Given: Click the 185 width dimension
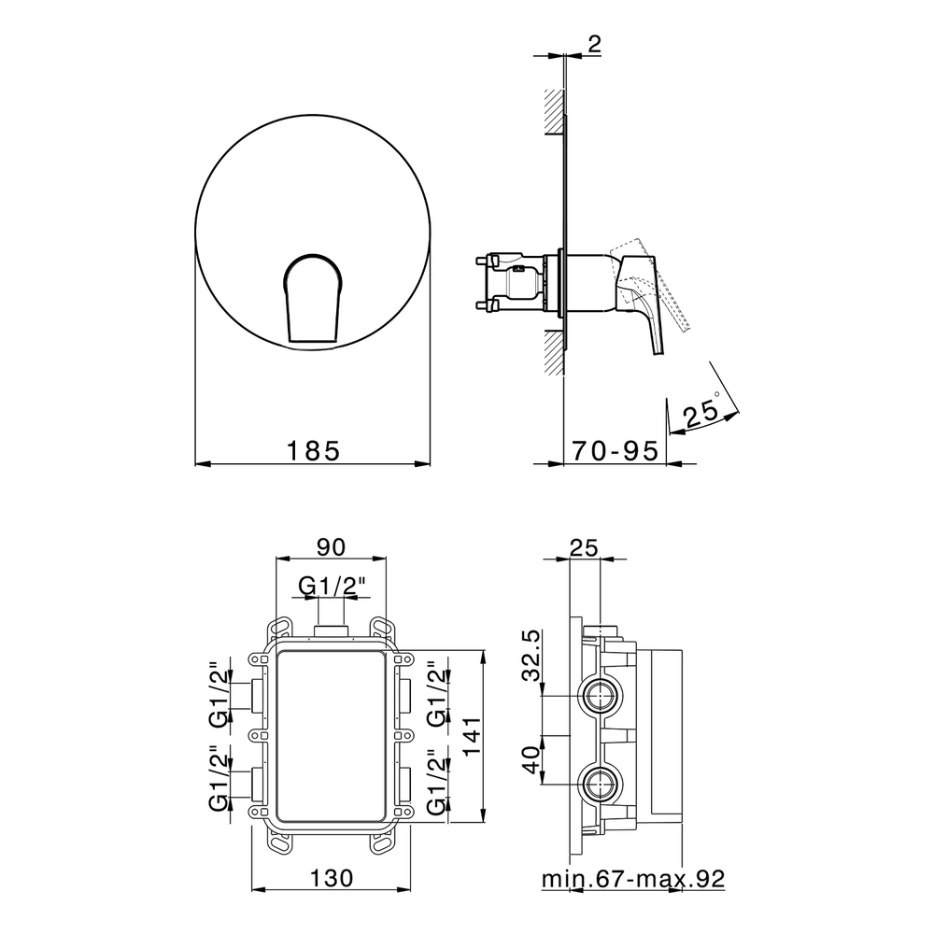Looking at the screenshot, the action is pyautogui.click(x=313, y=450).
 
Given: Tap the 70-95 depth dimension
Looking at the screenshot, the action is pyautogui.click(x=616, y=450).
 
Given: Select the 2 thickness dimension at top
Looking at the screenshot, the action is pyautogui.click(x=594, y=44).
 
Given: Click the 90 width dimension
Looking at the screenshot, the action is pyautogui.click(x=331, y=546).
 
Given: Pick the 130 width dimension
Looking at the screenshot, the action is pyautogui.click(x=332, y=877).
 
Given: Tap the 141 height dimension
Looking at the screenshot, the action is pyautogui.click(x=471, y=735).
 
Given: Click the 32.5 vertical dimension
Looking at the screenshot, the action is pyautogui.click(x=531, y=656).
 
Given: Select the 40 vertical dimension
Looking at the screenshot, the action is pyautogui.click(x=531, y=759).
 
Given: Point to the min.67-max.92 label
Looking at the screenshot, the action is pyautogui.click(x=633, y=879).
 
